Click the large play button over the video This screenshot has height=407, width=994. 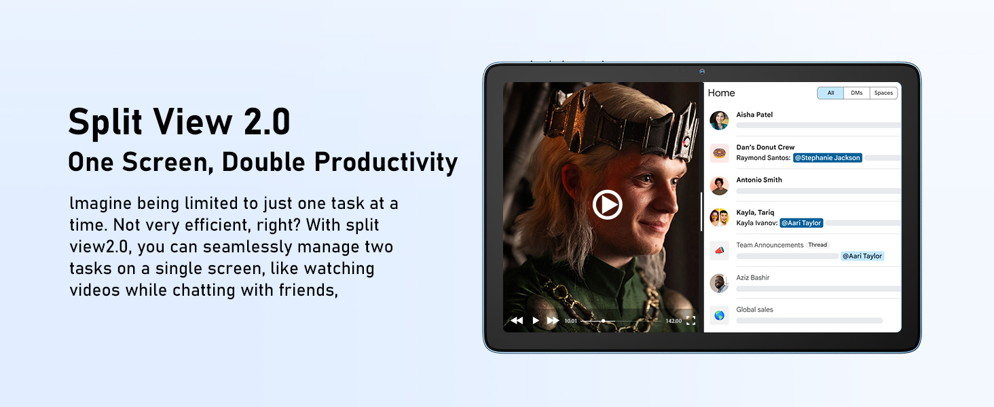click(x=607, y=204)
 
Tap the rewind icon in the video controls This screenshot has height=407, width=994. click(x=517, y=321)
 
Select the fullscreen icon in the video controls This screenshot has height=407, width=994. click(x=691, y=321)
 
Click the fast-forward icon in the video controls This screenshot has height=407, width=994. click(x=553, y=321)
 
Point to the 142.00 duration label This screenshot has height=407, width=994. click(x=674, y=321)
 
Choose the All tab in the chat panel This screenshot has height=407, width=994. click(x=830, y=93)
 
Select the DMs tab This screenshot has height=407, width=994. click(x=856, y=93)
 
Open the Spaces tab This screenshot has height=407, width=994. click(x=883, y=93)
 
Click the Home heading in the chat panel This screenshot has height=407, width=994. click(x=721, y=93)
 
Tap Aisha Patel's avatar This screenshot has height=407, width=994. click(x=719, y=120)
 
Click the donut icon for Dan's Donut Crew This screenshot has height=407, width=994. click(x=719, y=153)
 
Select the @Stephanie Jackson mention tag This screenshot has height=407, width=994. click(x=828, y=158)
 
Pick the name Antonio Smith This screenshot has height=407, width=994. click(x=759, y=180)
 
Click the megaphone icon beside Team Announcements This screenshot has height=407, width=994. click(x=719, y=250)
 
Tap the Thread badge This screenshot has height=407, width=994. click(x=817, y=245)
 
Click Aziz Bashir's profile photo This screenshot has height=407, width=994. click(x=719, y=283)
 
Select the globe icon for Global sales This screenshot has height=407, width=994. click(x=719, y=315)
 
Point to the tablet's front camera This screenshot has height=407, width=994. click(x=702, y=72)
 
